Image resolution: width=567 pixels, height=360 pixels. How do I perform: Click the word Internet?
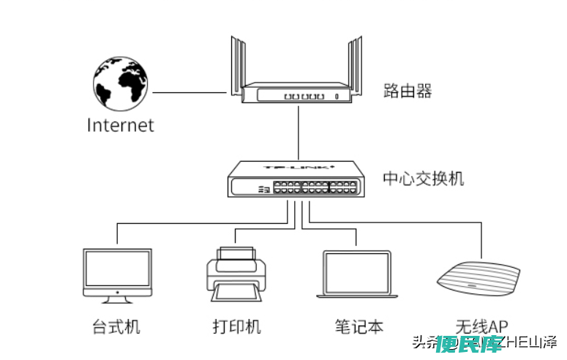(121, 125)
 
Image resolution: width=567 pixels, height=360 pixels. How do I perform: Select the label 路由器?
(408, 91)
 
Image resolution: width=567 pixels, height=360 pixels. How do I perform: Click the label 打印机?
(236, 326)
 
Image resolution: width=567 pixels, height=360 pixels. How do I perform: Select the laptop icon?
(357, 274)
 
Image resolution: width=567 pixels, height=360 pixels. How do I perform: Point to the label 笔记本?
(358, 326)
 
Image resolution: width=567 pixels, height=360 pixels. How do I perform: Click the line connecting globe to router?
(188, 93)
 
